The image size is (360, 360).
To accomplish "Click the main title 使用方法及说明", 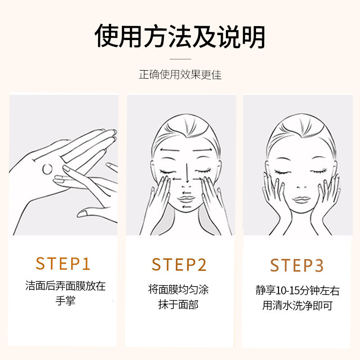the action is coord(180,36).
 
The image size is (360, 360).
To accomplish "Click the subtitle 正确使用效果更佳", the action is coord(180,75).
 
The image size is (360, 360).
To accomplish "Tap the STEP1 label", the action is coord(63,263).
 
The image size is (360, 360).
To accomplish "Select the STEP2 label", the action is coord(179,265).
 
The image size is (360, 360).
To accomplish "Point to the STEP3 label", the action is coord(297,265).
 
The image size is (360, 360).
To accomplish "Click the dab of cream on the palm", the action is coord(47,169).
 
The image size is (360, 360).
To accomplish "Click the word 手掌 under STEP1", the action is coord(65,301).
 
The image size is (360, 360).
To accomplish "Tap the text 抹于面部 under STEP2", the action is coord(178,305).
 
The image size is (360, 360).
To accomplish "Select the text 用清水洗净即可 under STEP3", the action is coord(297,306).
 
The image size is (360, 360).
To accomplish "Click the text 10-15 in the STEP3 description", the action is coord(287,291).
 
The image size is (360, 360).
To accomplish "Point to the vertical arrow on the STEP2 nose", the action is coord(187,173).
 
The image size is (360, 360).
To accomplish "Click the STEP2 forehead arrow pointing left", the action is coord(170,150).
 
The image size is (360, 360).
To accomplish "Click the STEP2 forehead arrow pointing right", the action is coord(202,150).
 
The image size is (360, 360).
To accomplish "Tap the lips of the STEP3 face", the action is coord(301,199).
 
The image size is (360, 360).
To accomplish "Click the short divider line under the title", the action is coord(180,59).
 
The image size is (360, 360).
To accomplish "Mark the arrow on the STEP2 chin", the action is coord(186,207).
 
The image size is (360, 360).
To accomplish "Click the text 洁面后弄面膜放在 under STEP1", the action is coord(65,286).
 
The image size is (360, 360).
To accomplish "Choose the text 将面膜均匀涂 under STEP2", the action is coord(178,289).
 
